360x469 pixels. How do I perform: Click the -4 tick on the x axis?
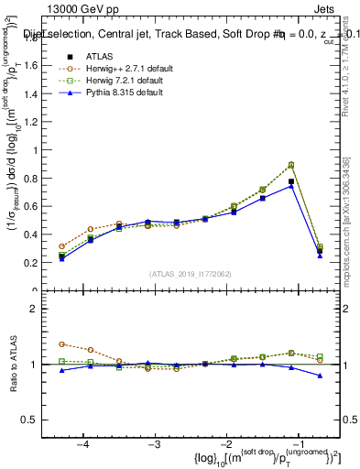[x=83, y=444]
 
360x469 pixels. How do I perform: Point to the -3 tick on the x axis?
[x=155, y=444]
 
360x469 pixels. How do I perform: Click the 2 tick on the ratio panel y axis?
[x=38, y=309]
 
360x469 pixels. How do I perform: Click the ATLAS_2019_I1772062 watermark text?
[x=190, y=274]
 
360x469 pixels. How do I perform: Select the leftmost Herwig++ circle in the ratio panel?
[x=61, y=344]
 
